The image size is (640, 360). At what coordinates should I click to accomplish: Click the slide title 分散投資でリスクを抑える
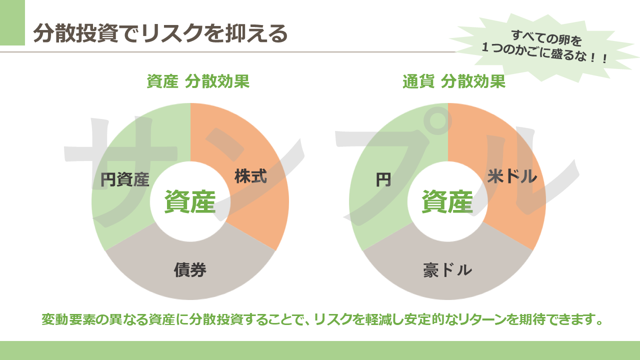[160, 33]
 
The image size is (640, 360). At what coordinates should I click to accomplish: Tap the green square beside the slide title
[12, 22]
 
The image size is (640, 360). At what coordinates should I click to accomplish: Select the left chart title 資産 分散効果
[198, 81]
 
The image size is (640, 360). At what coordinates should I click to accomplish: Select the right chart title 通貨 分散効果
[454, 81]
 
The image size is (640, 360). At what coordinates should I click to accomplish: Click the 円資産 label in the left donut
[125, 179]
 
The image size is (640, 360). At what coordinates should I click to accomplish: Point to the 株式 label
[250, 176]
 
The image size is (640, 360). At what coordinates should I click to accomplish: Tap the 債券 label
[190, 270]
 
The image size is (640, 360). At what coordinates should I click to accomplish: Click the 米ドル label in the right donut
[512, 176]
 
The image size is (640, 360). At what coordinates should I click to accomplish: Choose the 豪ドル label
[447, 270]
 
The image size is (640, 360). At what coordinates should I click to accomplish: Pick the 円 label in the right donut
[383, 179]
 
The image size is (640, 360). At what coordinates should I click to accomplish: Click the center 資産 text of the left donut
[190, 201]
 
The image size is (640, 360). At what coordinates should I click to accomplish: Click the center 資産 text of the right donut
[447, 201]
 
